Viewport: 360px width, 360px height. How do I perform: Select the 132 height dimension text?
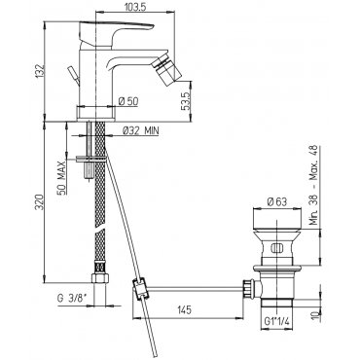tap(39, 71)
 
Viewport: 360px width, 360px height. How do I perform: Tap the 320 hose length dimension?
tap(39, 201)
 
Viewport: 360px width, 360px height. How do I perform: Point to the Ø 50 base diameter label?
tap(128, 101)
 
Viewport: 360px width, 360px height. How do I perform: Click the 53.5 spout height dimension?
tap(186, 101)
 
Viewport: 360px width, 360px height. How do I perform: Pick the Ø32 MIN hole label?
tap(140, 130)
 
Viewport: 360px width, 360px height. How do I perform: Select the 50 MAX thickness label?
tap(61, 178)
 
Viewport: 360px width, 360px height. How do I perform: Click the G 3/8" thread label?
tap(71, 298)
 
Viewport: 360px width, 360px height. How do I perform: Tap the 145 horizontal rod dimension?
tap(184, 310)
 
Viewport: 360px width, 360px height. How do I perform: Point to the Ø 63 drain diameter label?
tap(277, 201)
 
